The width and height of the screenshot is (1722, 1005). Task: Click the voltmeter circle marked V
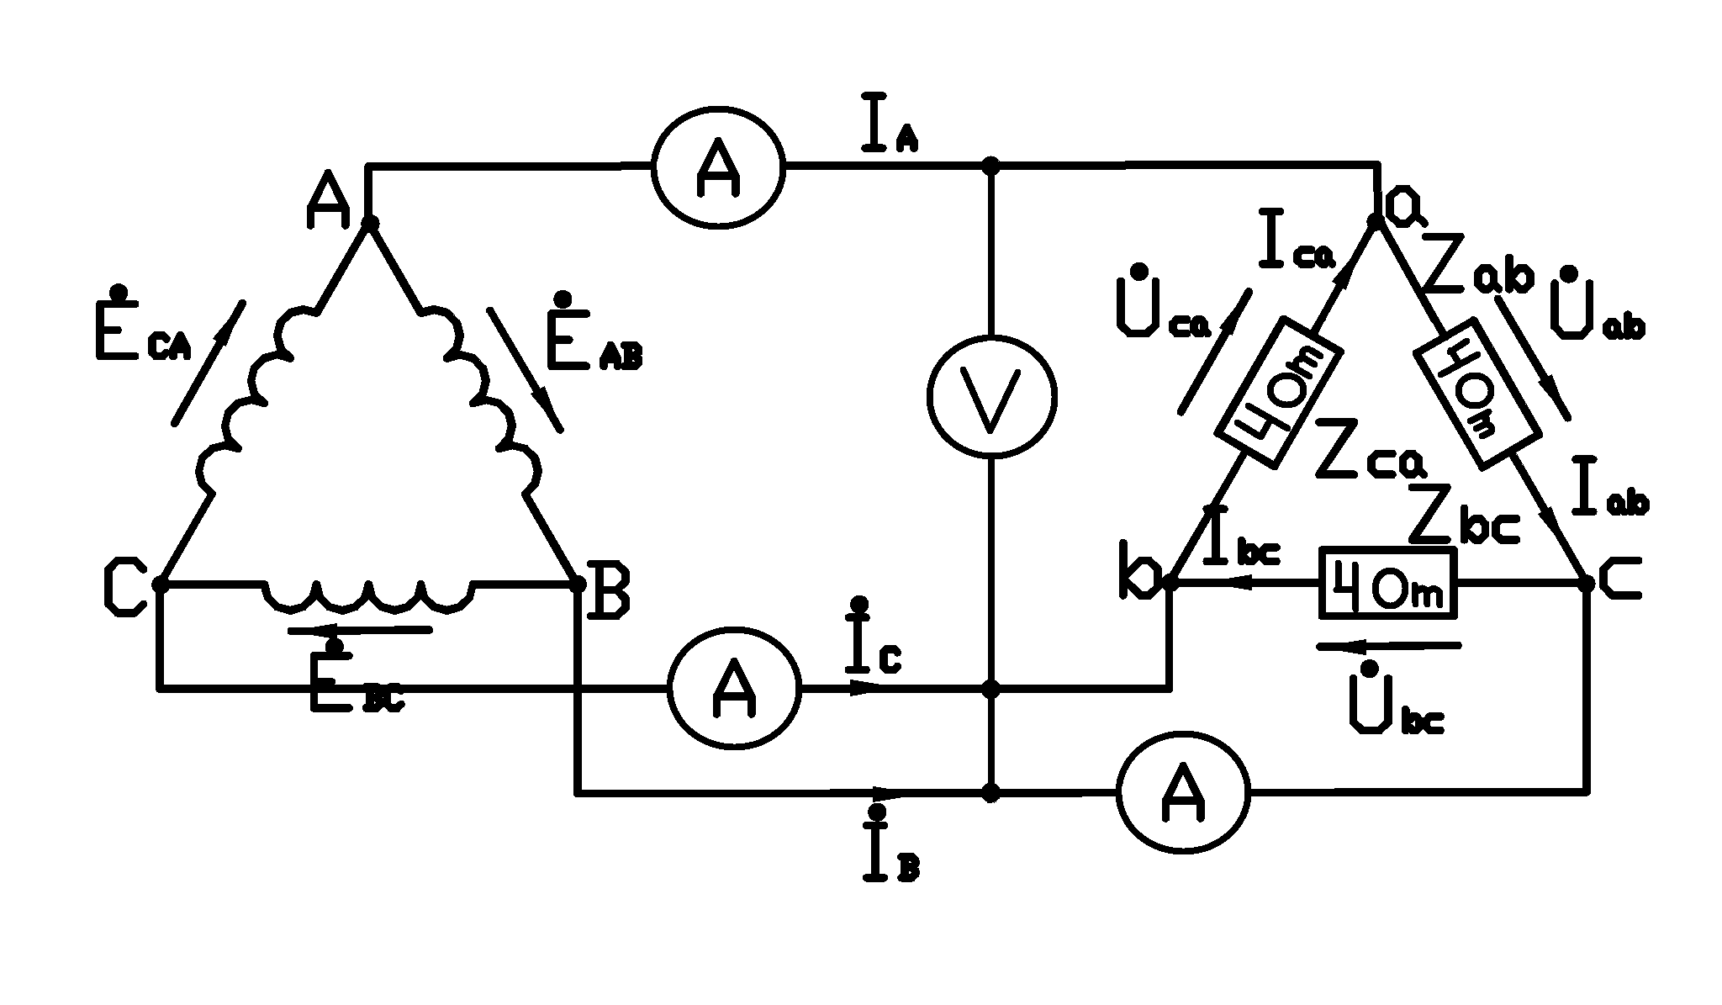pos(992,396)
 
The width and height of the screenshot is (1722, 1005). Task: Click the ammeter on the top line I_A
pos(719,167)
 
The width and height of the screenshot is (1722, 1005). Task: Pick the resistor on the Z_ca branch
pos(1279,392)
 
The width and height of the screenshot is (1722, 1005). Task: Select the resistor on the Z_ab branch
pos(1479,392)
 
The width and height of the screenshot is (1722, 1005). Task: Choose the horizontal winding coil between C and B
pos(368,593)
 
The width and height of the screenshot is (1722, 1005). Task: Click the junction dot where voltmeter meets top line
pos(992,167)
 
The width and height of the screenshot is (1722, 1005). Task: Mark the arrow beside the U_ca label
pos(1214,351)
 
